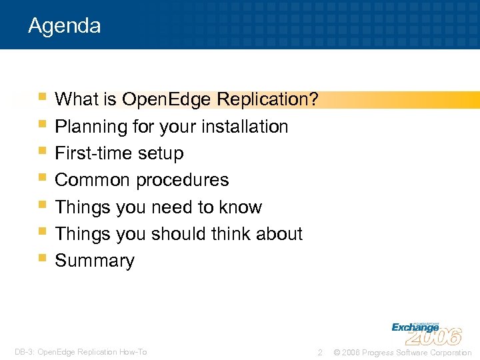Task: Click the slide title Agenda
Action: [65, 26]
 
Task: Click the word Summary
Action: [95, 261]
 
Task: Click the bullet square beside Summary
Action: [43, 257]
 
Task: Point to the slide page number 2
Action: [320, 352]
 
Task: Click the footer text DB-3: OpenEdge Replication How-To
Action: [81, 352]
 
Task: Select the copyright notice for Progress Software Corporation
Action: [402, 352]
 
